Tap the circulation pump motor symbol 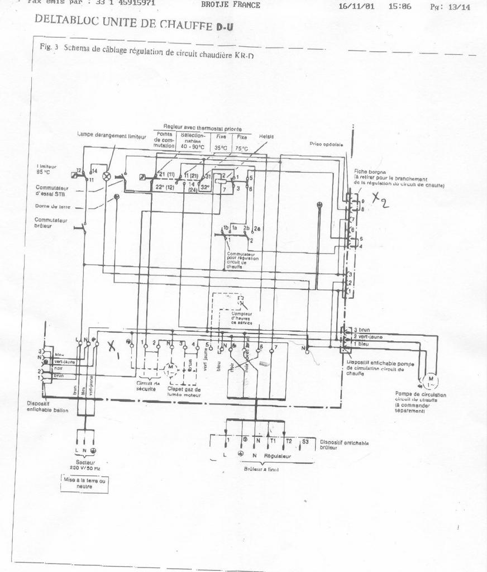coord(429,382)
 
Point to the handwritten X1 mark coord(114,347)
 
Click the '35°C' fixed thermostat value coord(221,148)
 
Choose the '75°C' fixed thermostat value coord(242,148)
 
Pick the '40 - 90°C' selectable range coord(193,147)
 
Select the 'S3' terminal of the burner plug coord(305,441)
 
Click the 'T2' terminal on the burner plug coord(289,441)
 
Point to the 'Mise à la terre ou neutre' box coord(84,483)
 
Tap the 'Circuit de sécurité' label coord(147,387)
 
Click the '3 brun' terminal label coord(364,330)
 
